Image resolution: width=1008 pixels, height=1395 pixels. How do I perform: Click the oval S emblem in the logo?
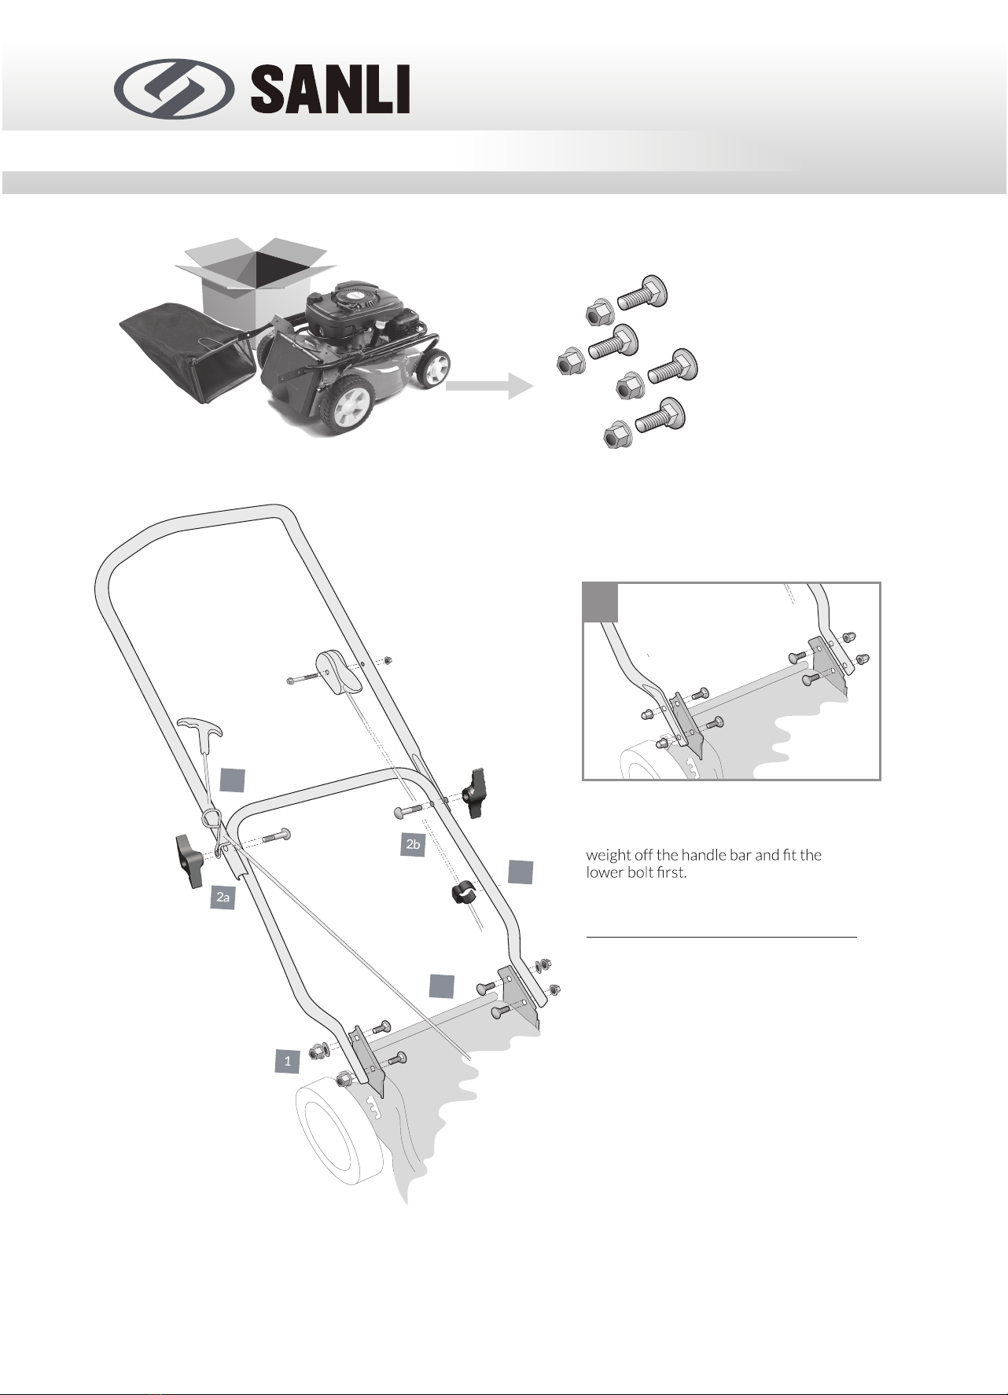click(x=174, y=88)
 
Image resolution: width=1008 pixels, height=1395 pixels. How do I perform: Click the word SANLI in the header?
click(x=330, y=89)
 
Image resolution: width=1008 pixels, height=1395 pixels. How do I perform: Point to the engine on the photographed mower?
click(x=358, y=314)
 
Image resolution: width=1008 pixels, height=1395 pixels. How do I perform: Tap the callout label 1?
click(x=288, y=1060)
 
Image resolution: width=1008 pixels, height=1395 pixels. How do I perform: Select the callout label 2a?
click(x=224, y=897)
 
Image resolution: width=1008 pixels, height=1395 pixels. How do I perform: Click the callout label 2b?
click(x=412, y=845)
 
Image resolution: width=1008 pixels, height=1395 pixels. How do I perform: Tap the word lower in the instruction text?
click(x=605, y=873)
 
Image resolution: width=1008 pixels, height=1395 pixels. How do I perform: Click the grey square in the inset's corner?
click(x=600, y=602)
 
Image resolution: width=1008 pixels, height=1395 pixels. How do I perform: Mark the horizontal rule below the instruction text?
click(x=721, y=937)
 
